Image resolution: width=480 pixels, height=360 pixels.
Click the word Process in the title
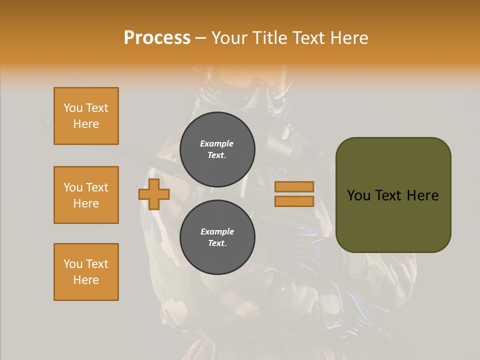(157, 38)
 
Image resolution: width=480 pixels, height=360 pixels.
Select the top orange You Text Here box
(86, 116)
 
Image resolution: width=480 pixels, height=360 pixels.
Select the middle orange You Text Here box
(86, 195)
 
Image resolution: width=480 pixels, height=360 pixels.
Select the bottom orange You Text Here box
(86, 272)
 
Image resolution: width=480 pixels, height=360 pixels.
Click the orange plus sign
(154, 194)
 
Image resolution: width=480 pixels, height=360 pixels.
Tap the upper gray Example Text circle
(217, 149)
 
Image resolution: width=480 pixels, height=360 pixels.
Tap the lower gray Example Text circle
(217, 237)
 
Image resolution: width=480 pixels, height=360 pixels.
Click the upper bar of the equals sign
(294, 186)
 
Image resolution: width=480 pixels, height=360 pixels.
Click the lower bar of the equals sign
(294, 201)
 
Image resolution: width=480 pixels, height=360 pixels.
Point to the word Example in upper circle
(216, 143)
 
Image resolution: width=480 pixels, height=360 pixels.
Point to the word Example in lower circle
(217, 231)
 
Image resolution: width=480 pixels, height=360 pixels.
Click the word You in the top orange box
(73, 108)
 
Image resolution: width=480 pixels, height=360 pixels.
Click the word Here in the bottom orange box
(86, 280)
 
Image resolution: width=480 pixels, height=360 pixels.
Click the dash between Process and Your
(200, 38)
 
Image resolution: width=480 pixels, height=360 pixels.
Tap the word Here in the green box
(423, 195)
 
